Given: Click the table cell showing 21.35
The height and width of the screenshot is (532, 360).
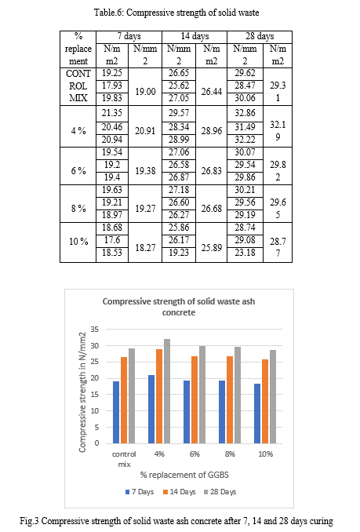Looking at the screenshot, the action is pyautogui.click(x=112, y=113).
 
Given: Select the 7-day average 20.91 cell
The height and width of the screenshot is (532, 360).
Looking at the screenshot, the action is pyautogui.click(x=145, y=130).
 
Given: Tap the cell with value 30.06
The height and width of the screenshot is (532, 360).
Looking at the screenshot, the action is pyautogui.click(x=245, y=99).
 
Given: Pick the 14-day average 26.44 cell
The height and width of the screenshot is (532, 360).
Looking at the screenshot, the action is pyautogui.click(x=212, y=92).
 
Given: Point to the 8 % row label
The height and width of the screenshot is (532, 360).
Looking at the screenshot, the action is pyautogui.click(x=78, y=208).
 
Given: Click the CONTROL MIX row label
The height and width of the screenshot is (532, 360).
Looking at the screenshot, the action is pyautogui.click(x=78, y=86).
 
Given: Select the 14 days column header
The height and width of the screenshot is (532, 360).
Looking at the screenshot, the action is pyautogui.click(x=195, y=37).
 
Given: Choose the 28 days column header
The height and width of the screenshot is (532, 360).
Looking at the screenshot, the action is pyautogui.click(x=260, y=37).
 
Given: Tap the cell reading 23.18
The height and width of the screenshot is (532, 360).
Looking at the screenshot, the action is pyautogui.click(x=245, y=253).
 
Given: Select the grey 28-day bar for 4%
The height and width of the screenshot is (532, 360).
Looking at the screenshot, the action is pyautogui.click(x=167, y=391).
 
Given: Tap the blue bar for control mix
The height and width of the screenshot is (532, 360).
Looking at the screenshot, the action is pyautogui.click(x=116, y=412).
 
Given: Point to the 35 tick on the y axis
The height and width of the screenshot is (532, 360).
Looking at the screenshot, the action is pyautogui.click(x=95, y=329).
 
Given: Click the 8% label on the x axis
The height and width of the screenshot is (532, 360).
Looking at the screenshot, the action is pyautogui.click(x=230, y=454).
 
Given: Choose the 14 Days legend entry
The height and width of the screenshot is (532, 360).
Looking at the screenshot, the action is pyautogui.click(x=180, y=492).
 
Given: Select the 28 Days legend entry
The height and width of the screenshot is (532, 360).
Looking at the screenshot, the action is pyautogui.click(x=220, y=492).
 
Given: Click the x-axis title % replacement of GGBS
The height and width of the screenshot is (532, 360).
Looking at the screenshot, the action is pyautogui.click(x=184, y=475).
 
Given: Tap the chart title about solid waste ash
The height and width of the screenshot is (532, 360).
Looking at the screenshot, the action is pyautogui.click(x=179, y=307).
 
